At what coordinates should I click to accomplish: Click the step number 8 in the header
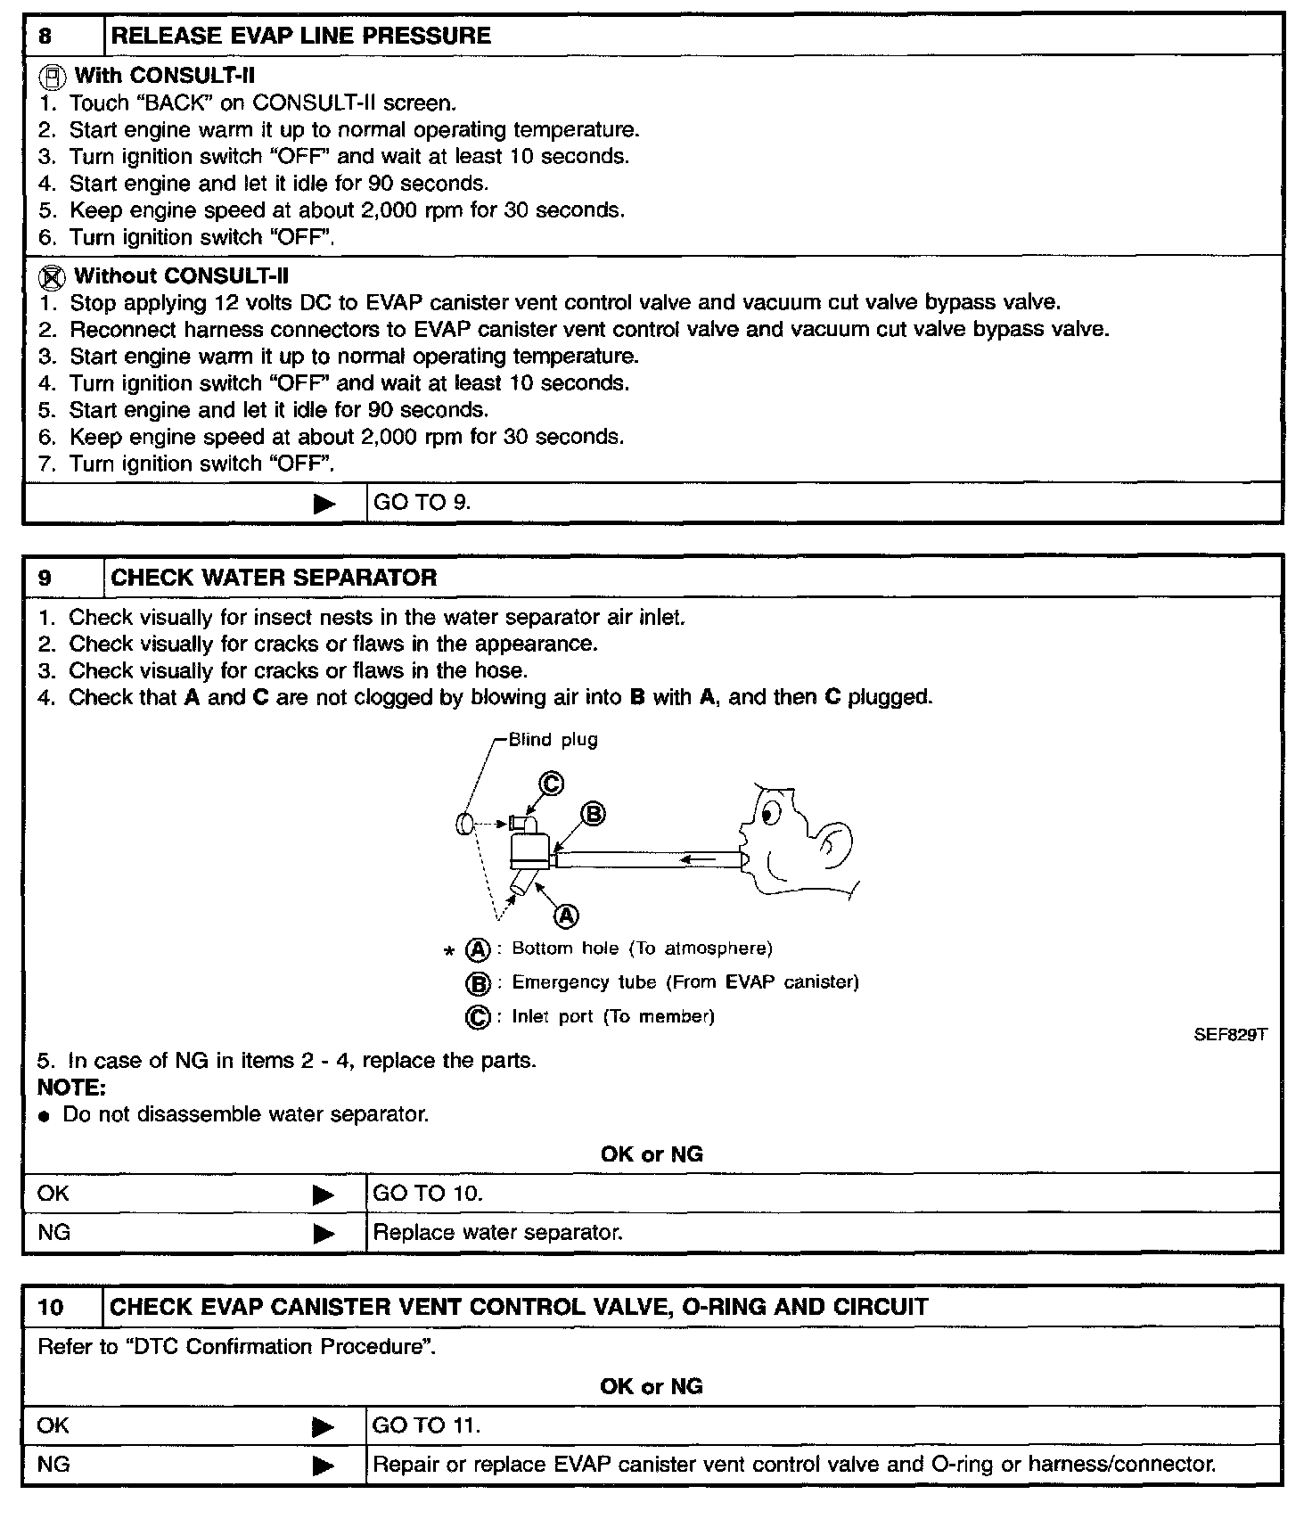45,37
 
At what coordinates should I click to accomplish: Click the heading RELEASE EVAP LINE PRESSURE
300,37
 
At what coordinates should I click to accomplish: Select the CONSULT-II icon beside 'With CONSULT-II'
53,76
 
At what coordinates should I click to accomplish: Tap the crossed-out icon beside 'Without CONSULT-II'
53,276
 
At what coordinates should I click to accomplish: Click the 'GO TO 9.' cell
422,503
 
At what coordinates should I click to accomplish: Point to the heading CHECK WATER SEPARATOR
274,578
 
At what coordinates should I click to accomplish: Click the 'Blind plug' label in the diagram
553,740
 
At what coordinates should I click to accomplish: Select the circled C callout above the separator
552,784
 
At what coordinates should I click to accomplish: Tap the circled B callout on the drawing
593,814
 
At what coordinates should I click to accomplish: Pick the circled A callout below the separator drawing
567,915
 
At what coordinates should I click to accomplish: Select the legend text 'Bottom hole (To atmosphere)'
642,948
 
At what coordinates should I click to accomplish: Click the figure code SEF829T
1230,1035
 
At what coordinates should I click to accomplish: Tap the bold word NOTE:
71,1088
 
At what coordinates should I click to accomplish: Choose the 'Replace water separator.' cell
497,1233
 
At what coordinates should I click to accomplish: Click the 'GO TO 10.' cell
427,1194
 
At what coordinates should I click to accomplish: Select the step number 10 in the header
52,1308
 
